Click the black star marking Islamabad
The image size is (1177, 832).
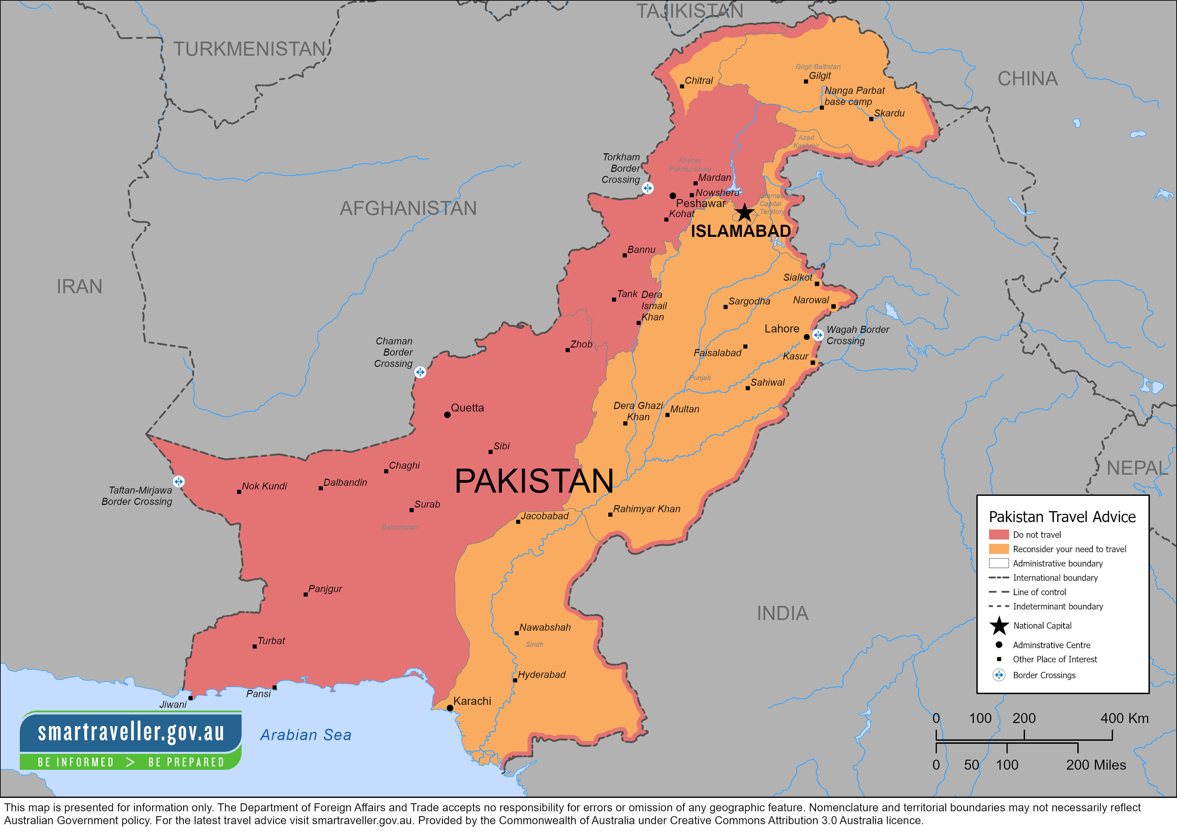744,212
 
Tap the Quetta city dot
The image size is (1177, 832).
447,415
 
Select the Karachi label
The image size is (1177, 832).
472,701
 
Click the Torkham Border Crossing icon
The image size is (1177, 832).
648,188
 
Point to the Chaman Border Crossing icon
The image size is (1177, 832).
420,372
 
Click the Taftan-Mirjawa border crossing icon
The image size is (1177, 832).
178,481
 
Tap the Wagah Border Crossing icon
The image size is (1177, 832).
818,335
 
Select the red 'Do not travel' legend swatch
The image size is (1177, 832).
998,535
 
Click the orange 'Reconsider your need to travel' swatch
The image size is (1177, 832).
998,549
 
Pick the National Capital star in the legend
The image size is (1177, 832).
999,625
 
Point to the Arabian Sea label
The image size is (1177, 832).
306,735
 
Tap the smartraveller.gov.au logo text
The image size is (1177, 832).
131,732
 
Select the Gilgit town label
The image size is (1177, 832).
819,76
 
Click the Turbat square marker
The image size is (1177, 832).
254,646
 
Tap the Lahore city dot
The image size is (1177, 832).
806,337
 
